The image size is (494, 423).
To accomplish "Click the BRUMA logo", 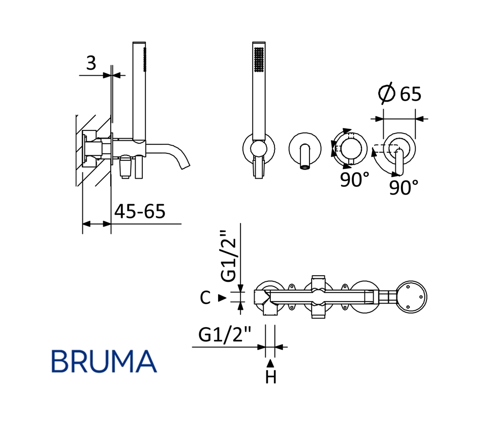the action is point(104,362).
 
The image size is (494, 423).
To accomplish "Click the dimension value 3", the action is point(91,63).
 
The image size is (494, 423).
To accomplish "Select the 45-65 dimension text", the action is point(140,211).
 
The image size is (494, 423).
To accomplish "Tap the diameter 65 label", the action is point(400,93).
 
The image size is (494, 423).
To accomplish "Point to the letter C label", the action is point(205,298).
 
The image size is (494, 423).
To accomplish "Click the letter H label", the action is point(270,377).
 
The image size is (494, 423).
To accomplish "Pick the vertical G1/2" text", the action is point(228,256).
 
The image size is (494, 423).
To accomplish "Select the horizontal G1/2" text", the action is point(225,334).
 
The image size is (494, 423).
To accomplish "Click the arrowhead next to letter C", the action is point(223,298).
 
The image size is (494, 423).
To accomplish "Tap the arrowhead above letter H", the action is point(270,363).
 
